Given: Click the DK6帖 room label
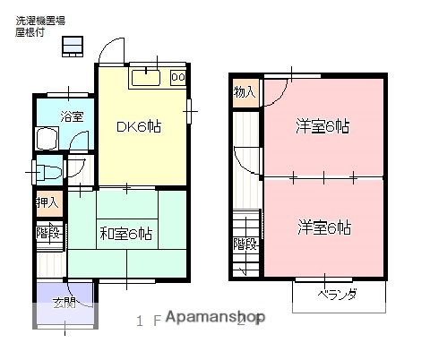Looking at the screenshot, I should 139,127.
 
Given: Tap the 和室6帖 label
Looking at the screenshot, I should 125,234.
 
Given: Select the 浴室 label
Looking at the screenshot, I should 72,116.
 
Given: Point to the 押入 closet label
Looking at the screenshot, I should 47,202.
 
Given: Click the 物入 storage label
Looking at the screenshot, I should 245,92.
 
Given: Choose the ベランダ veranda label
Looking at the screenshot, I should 338,295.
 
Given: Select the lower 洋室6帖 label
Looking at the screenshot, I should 323,227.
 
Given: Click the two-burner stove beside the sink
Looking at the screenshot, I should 177,78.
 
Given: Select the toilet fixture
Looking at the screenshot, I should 51,170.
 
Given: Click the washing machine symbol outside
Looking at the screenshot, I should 73,46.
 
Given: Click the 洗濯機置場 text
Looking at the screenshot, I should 39,20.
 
